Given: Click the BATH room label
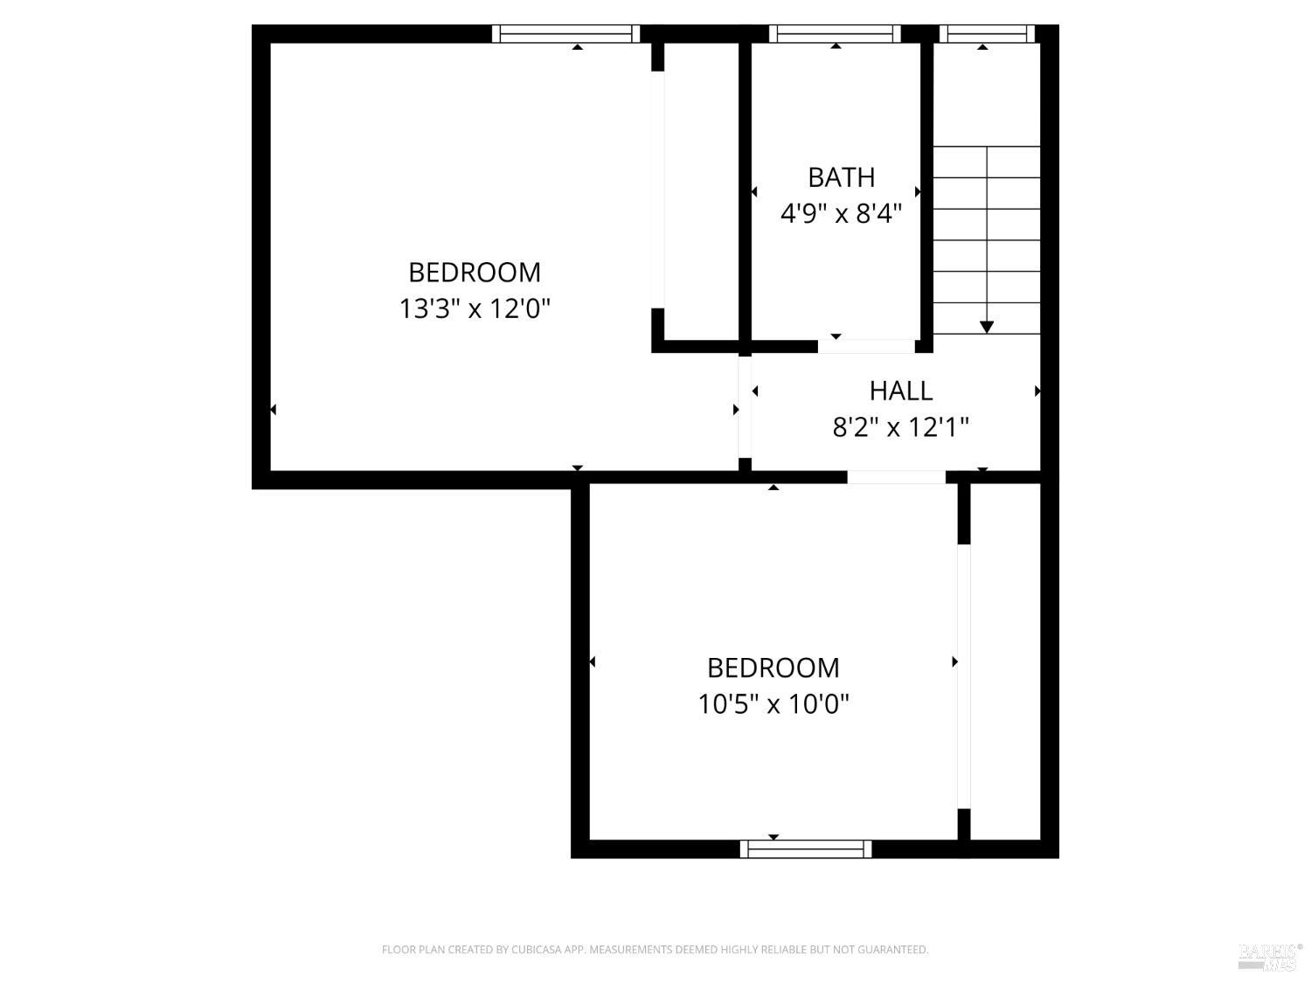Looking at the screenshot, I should (841, 177).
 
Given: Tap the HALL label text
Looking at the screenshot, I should (901, 391).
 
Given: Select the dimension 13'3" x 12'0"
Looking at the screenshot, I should (475, 308).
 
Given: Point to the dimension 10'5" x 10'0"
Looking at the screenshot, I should (773, 703).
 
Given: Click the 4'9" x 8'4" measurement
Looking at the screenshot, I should (841, 213).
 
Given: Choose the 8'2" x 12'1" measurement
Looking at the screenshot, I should (901, 427).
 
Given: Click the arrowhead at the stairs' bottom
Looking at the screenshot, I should (987, 327).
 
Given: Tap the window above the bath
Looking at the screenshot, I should (835, 34).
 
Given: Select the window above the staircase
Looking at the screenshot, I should (987, 34).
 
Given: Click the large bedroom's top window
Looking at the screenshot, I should (565, 34).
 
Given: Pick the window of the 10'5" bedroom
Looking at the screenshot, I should (806, 848).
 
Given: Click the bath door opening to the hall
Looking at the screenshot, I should (866, 346).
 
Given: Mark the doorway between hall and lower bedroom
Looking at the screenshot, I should (896, 477).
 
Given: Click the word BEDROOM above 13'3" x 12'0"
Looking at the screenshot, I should (475, 273).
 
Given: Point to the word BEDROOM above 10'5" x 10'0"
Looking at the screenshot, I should (773, 668).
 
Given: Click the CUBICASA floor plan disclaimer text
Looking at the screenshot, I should (655, 950).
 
